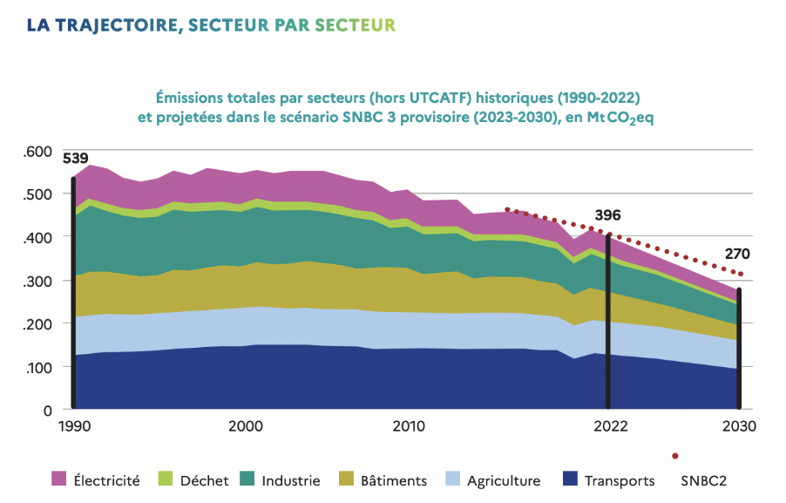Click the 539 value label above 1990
point(76,158)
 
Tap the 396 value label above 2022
point(606,214)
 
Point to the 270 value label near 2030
point(736,255)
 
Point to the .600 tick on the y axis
point(38,151)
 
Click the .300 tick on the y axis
point(38,281)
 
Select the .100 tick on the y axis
point(38,367)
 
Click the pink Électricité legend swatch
point(58,479)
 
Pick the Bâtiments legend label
point(393,480)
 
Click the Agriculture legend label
point(504,480)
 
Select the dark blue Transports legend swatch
point(570,479)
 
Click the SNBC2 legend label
point(703,480)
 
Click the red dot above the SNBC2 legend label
point(674,456)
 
